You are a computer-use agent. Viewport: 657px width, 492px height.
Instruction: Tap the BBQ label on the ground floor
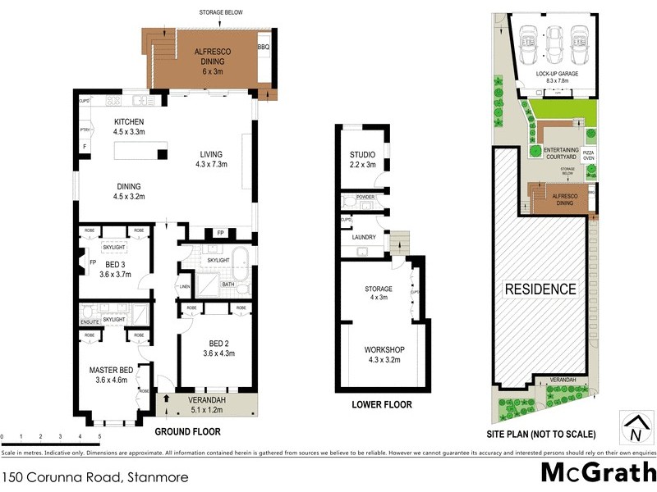pyautogui.click(x=264, y=47)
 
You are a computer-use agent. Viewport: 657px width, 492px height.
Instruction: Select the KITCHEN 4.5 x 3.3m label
pyautogui.click(x=129, y=127)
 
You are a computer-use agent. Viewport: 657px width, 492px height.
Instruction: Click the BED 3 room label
pyautogui.click(x=114, y=270)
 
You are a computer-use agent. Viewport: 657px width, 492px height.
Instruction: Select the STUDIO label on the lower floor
pyautogui.click(x=362, y=159)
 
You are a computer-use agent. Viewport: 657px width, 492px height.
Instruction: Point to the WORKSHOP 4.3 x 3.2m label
pyautogui.click(x=385, y=354)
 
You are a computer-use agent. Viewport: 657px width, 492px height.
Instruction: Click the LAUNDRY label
pyautogui.click(x=364, y=238)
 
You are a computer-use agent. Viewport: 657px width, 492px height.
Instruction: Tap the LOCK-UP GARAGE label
pyautogui.click(x=553, y=76)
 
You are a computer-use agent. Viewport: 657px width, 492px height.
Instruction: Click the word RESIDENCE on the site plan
pyautogui.click(x=540, y=289)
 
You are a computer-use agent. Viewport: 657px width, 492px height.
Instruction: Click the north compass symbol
pyautogui.click(x=636, y=429)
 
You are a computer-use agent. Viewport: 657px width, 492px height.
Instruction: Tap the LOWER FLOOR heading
pyautogui.click(x=382, y=405)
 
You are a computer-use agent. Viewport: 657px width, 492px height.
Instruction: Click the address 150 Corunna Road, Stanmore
pyautogui.click(x=94, y=476)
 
